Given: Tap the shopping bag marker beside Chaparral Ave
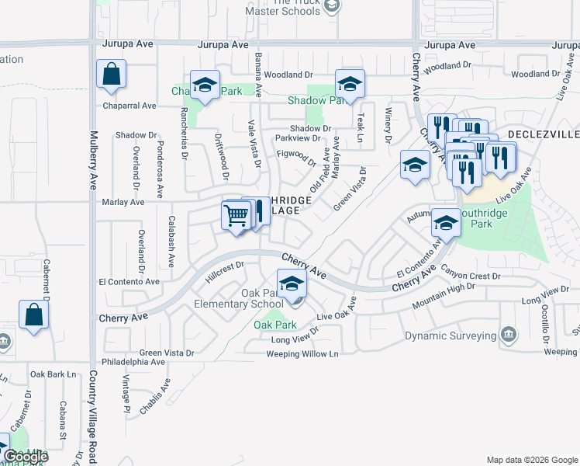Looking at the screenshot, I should click(x=112, y=75).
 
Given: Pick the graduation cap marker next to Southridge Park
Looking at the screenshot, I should click(x=446, y=223).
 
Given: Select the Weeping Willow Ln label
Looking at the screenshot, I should click(x=302, y=354).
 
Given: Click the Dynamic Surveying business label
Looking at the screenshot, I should click(x=451, y=336).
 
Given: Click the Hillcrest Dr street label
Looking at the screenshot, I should click(x=225, y=271).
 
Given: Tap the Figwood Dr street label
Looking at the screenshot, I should click(x=297, y=158).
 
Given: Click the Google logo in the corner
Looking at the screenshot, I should click(x=25, y=457).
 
